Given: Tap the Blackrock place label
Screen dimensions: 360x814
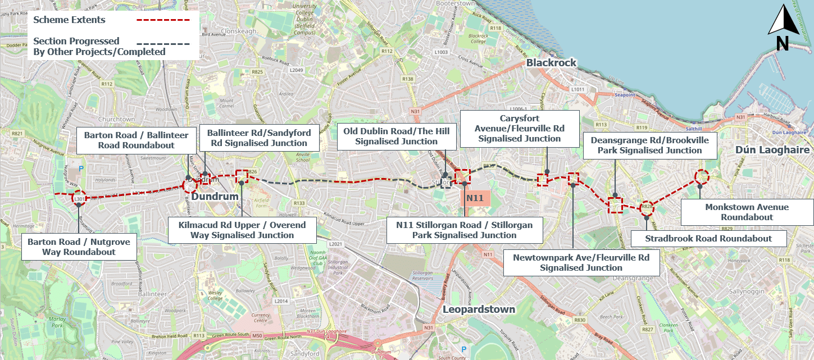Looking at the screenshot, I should pyautogui.click(x=551, y=62).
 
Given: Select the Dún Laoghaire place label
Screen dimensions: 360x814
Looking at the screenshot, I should pyautogui.click(x=772, y=150).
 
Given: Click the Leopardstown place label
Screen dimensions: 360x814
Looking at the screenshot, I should pyautogui.click(x=479, y=309).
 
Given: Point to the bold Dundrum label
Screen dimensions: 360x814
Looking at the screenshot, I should pyautogui.click(x=215, y=197).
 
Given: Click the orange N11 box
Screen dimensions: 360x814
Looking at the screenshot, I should pyautogui.click(x=475, y=198).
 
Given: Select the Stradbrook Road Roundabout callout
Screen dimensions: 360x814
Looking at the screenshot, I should pyautogui.click(x=708, y=239).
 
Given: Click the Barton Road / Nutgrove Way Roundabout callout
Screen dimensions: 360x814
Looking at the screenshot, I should pyautogui.click(x=79, y=247).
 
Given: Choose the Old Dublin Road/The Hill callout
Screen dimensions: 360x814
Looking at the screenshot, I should pyautogui.click(x=397, y=136).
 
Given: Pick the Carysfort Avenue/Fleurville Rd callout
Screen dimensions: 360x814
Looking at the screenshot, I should pyautogui.click(x=519, y=129).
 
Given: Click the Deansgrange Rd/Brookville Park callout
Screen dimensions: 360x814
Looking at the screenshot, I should pyautogui.click(x=649, y=145).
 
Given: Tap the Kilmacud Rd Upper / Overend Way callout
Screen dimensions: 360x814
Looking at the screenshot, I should pyautogui.click(x=242, y=230).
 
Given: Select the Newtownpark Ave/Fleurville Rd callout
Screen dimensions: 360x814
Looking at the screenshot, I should pyautogui.click(x=581, y=263).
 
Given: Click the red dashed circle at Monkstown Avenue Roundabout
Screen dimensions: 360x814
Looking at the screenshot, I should pyautogui.click(x=702, y=176).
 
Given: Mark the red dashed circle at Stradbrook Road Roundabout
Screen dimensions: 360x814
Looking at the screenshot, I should pyautogui.click(x=648, y=207).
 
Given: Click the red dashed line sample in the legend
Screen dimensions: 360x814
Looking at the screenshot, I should pyautogui.click(x=163, y=20).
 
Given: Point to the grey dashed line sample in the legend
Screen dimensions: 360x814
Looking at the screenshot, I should pyautogui.click(x=163, y=43).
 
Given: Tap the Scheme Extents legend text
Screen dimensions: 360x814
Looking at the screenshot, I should pyautogui.click(x=69, y=20).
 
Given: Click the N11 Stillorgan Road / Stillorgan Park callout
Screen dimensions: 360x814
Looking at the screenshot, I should pyautogui.click(x=464, y=230).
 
